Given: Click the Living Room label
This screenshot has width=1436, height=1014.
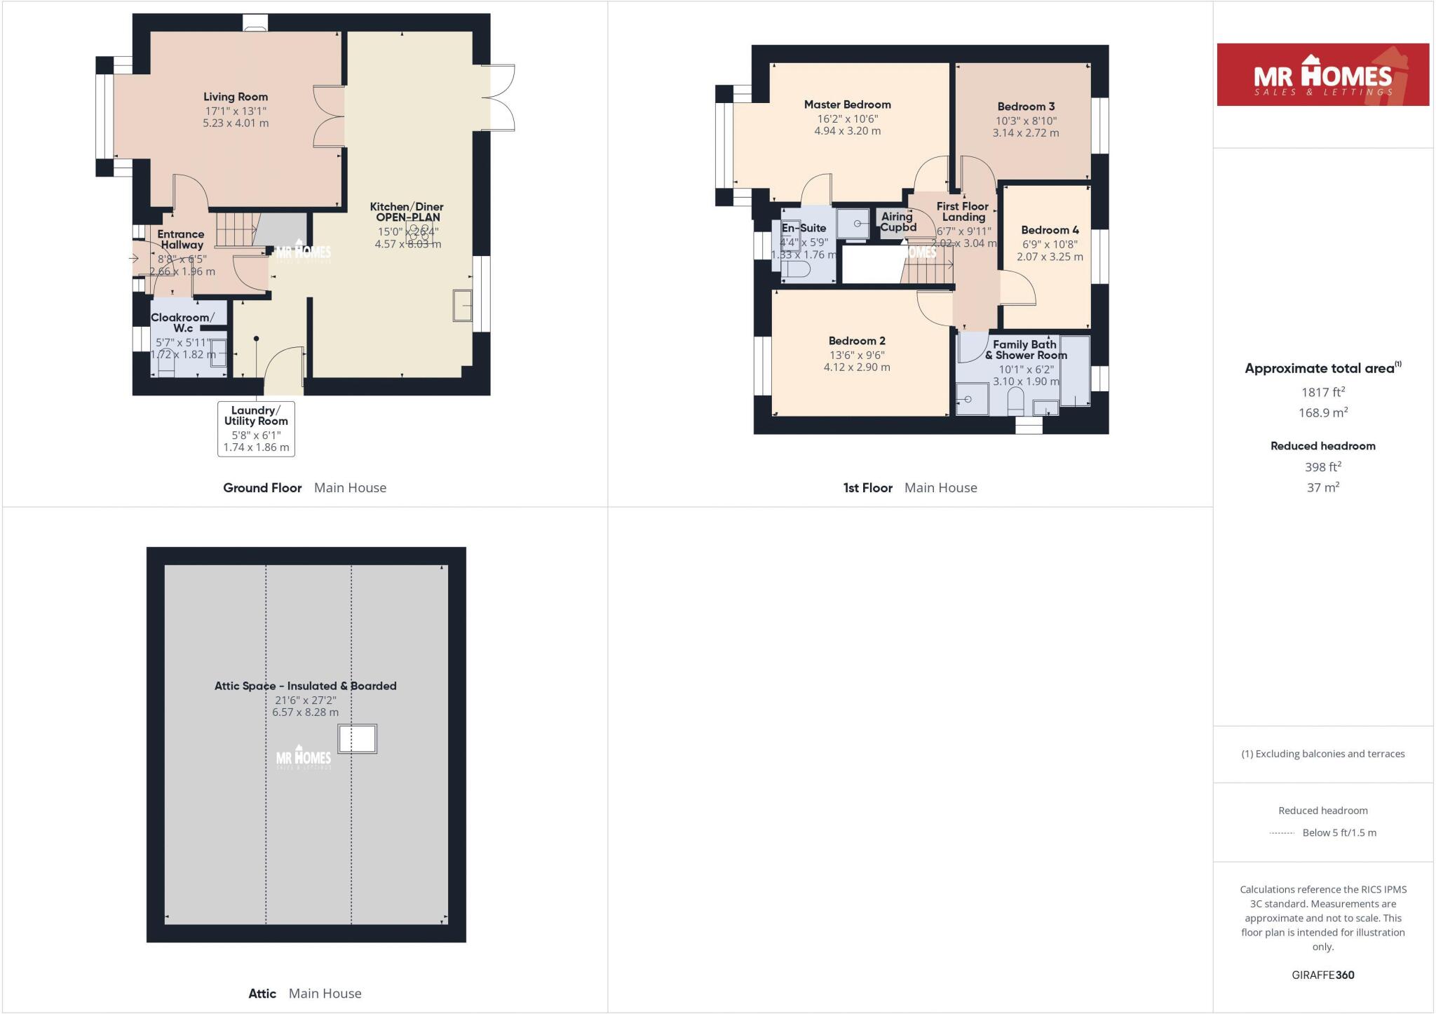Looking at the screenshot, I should click(236, 97).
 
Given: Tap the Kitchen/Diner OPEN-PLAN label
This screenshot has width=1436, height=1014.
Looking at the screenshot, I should click(407, 212).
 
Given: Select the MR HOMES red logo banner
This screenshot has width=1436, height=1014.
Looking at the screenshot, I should click(1322, 75).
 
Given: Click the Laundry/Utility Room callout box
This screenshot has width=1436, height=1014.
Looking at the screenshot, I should click(256, 428).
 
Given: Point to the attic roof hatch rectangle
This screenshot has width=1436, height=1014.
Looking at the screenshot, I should click(358, 739).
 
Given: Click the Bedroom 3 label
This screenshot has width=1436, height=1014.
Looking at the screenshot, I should click(1026, 107).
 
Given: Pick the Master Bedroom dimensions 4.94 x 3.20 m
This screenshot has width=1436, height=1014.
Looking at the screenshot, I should click(847, 131).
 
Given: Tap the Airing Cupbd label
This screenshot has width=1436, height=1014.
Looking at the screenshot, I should click(897, 222).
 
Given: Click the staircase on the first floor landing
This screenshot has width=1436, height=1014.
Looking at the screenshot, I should click(927, 269).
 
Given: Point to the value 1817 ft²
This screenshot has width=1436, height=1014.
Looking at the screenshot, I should click(1322, 393).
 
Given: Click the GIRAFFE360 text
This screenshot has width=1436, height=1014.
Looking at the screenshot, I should click(1322, 975).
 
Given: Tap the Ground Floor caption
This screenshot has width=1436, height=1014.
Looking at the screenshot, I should click(262, 487).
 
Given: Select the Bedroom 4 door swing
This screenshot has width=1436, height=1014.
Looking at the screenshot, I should click(1017, 288).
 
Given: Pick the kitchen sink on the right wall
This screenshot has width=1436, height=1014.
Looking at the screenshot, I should click(463, 305).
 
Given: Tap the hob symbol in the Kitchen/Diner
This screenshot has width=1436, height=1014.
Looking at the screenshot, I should click(419, 232).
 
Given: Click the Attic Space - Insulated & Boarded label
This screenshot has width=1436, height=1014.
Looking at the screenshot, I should click(305, 686).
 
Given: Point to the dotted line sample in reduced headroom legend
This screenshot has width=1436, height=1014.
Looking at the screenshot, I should click(1281, 833).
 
